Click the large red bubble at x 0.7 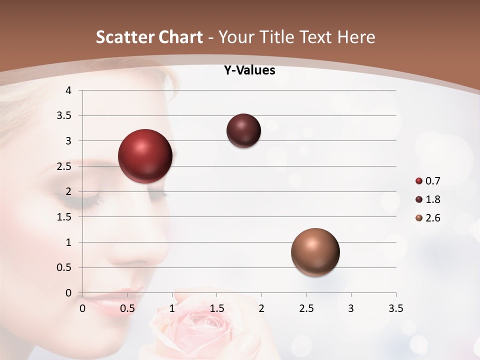click(145, 156)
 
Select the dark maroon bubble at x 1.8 click(243, 131)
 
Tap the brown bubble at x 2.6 click(315, 252)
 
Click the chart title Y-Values click(249, 70)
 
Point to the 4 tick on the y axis click(68, 90)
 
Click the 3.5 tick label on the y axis click(64, 116)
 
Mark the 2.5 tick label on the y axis click(64, 166)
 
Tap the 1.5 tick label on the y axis click(64, 217)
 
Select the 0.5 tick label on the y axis click(64, 268)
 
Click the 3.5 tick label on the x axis click(395, 308)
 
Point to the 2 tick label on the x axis click(261, 308)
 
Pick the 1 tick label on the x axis click(172, 308)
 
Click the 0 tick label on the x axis click(82, 308)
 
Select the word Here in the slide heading click(356, 37)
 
